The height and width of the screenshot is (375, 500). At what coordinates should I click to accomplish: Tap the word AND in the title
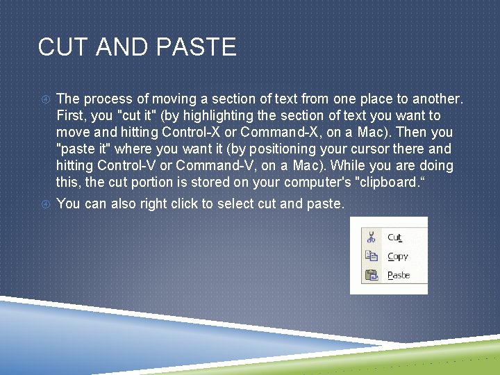pyautogui.click(x=124, y=47)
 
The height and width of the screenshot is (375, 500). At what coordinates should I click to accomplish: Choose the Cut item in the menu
pyautogui.click(x=394, y=237)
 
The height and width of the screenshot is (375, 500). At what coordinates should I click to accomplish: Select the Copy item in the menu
pyautogui.click(x=398, y=256)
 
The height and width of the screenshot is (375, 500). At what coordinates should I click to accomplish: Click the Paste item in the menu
pyautogui.click(x=399, y=275)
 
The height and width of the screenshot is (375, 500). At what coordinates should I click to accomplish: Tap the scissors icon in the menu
pyautogui.click(x=372, y=237)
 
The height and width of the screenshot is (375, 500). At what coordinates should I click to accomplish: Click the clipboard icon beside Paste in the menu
pyautogui.click(x=372, y=275)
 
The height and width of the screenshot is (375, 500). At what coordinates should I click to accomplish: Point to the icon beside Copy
pyautogui.click(x=372, y=256)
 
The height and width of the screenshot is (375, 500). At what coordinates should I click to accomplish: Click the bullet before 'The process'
pyautogui.click(x=44, y=99)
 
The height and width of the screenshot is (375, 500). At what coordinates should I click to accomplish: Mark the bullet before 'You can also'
pyautogui.click(x=44, y=203)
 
